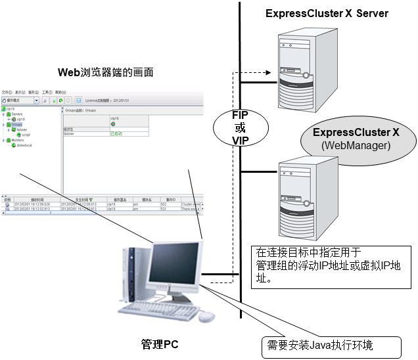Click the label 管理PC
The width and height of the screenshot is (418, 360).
159,344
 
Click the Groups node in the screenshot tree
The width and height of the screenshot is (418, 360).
16,124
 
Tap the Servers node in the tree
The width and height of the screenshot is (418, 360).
17,114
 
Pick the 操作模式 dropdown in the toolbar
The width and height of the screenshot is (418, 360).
20,101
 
